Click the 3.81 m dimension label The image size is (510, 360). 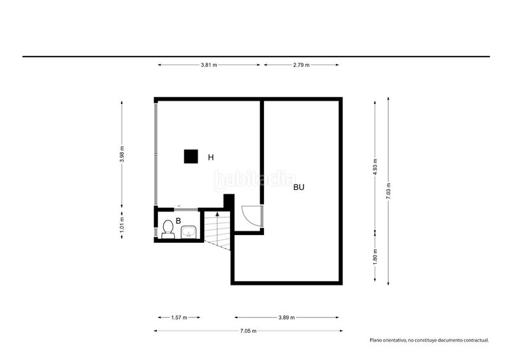[209, 65]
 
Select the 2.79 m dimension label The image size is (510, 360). [301, 65]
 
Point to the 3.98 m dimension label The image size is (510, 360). [122, 154]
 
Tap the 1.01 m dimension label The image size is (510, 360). [122, 224]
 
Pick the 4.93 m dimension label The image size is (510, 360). [375, 167]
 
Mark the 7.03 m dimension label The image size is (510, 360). [388, 191]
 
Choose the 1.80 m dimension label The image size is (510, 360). [375, 257]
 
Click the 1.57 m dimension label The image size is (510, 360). [179, 317]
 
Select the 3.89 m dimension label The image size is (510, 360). [286, 317]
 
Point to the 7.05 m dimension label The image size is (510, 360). [248, 331]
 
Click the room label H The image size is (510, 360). [211, 157]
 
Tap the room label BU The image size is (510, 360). [299, 187]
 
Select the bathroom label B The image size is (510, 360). [178, 221]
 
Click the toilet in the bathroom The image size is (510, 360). [168, 229]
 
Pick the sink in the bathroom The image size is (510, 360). [189, 232]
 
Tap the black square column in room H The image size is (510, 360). [191, 156]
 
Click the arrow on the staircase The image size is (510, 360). [217, 213]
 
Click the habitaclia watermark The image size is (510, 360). [254, 180]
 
